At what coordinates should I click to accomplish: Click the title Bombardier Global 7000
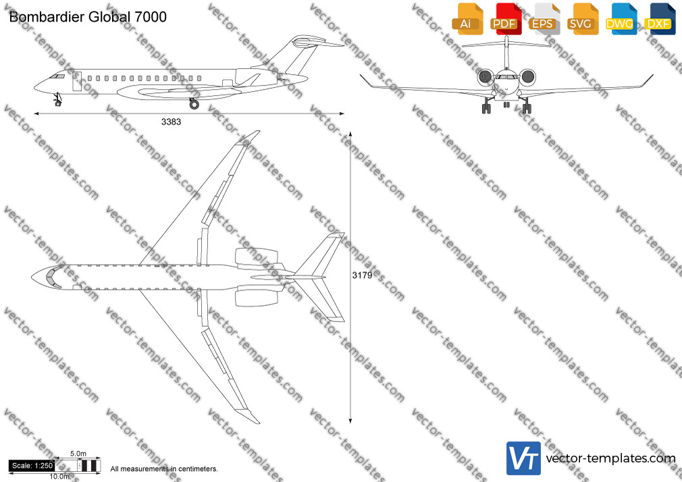click(x=88, y=17)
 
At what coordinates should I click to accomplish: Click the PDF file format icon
click(x=506, y=20)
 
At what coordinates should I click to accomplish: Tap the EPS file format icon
click(x=544, y=20)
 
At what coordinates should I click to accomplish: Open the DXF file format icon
click(x=660, y=20)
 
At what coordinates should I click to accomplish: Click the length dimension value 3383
click(x=171, y=122)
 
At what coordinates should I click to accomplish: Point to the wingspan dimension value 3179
click(x=362, y=275)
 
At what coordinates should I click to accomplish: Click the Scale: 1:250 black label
click(x=32, y=466)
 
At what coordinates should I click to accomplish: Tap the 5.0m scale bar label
click(x=78, y=454)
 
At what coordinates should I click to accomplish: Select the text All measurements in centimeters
click(x=164, y=469)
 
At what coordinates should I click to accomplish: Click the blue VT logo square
click(x=524, y=458)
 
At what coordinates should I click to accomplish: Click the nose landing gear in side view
click(x=57, y=100)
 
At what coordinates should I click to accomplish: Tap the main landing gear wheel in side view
click(x=194, y=104)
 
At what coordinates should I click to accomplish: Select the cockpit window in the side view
click(x=57, y=76)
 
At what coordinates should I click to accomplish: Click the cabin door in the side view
click(x=77, y=82)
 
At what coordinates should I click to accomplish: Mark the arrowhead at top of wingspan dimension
click(x=350, y=134)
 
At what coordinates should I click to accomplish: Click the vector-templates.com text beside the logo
click(x=610, y=458)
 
